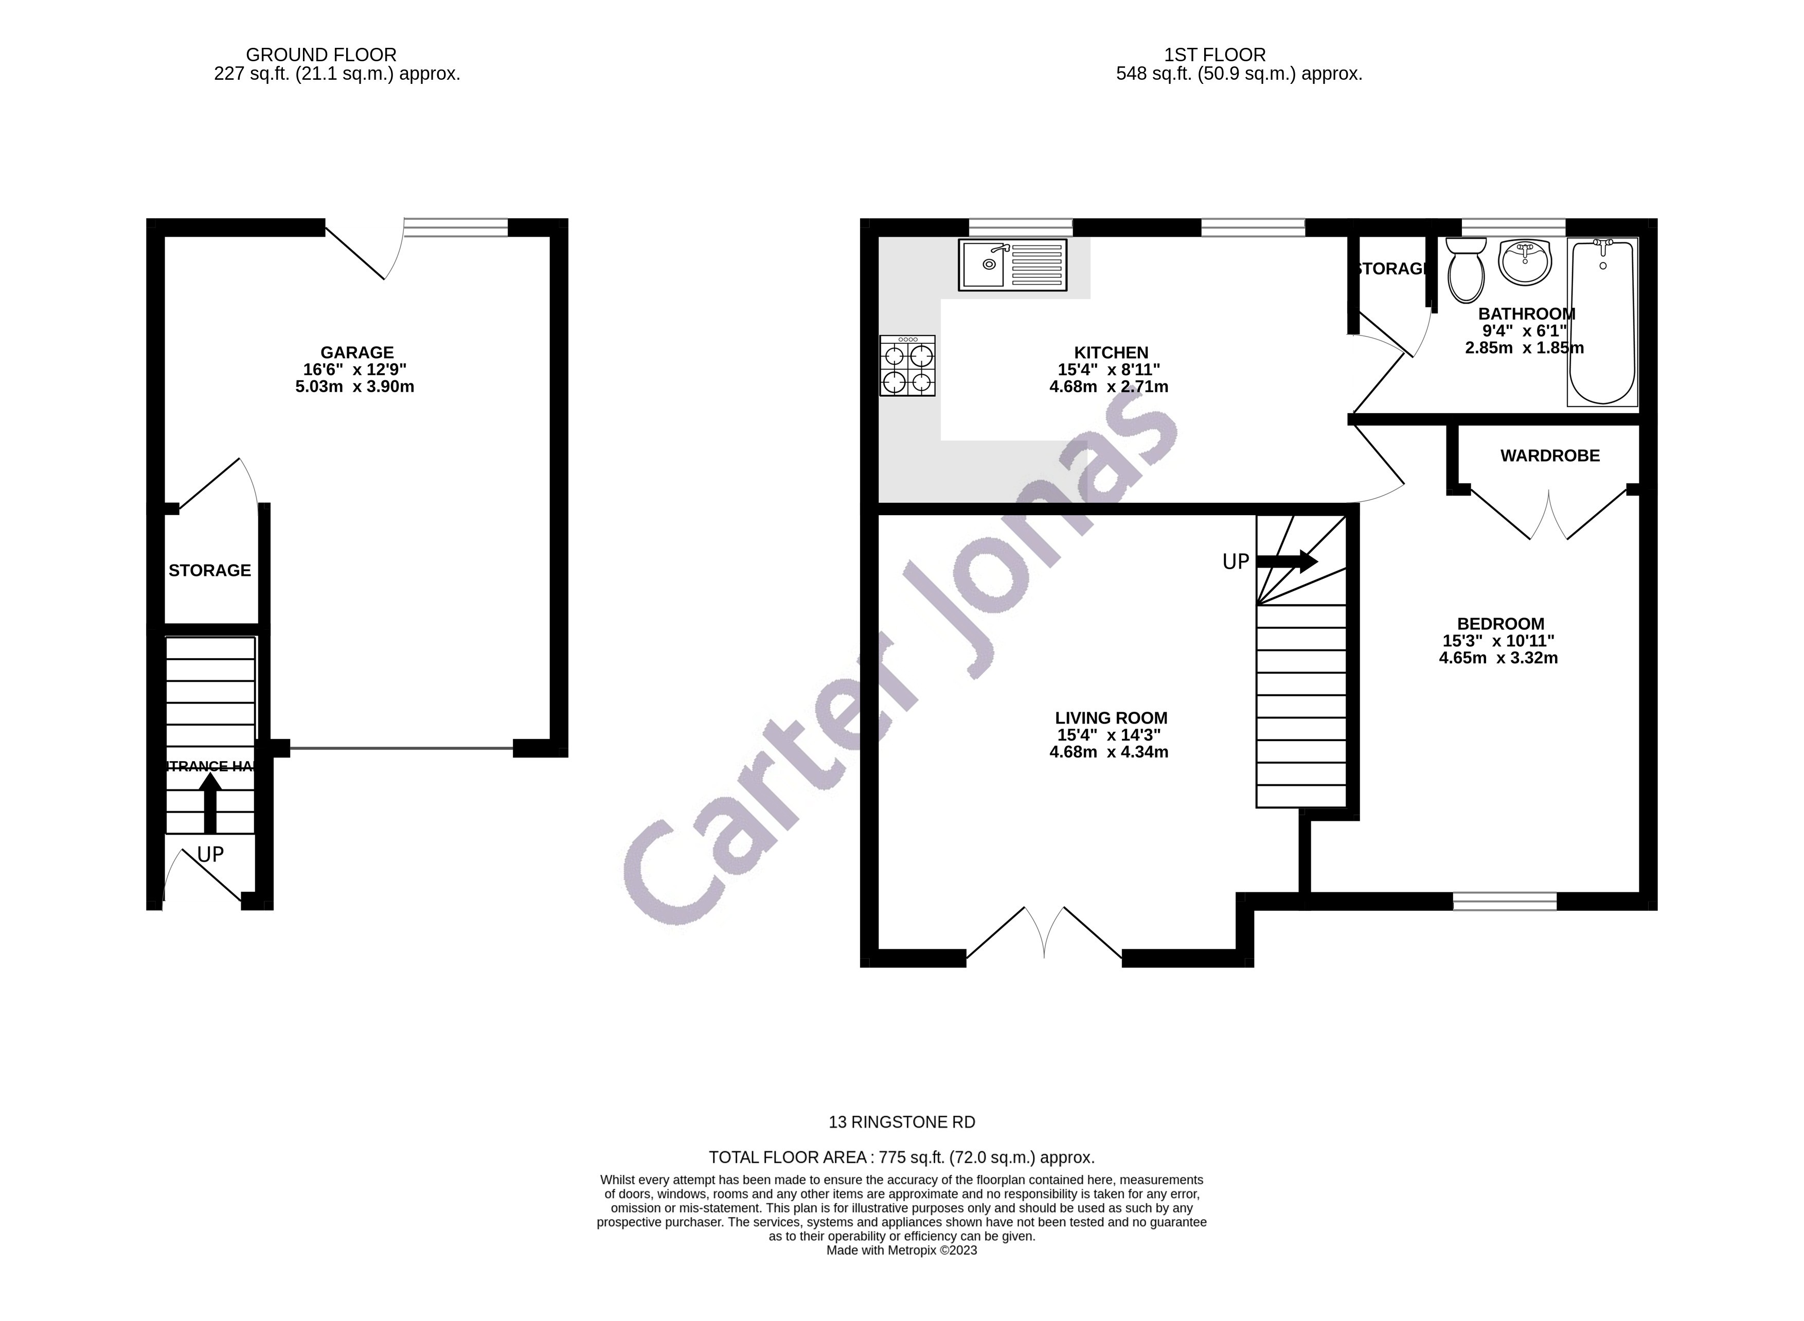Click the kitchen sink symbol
(x=1011, y=264)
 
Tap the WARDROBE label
(x=1549, y=456)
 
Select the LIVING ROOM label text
(x=1110, y=717)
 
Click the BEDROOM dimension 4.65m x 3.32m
(x=1498, y=658)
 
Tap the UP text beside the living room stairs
(x=1235, y=562)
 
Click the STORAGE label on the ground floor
(x=209, y=570)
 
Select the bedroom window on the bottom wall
(x=1504, y=901)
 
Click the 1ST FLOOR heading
(x=1214, y=55)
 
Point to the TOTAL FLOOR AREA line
(x=901, y=1157)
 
